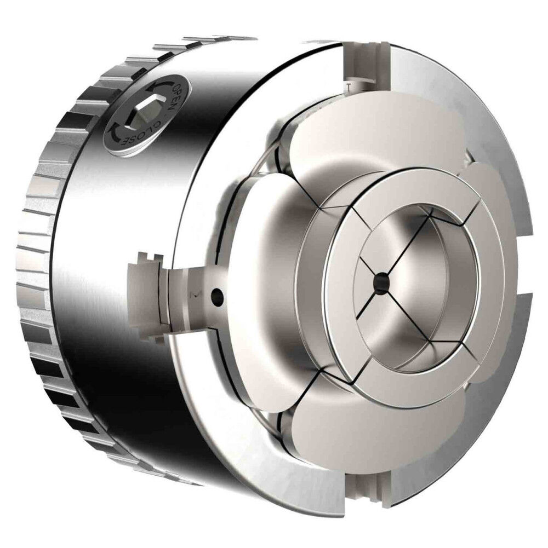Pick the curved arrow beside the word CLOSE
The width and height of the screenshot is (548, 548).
tap(116, 130)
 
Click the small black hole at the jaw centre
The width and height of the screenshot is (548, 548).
tap(381, 280)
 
